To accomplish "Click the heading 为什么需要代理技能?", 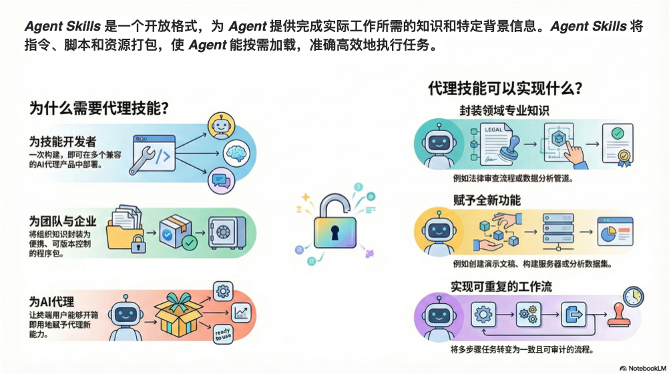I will click(x=99, y=108).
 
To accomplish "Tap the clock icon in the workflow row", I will click(x=632, y=296).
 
